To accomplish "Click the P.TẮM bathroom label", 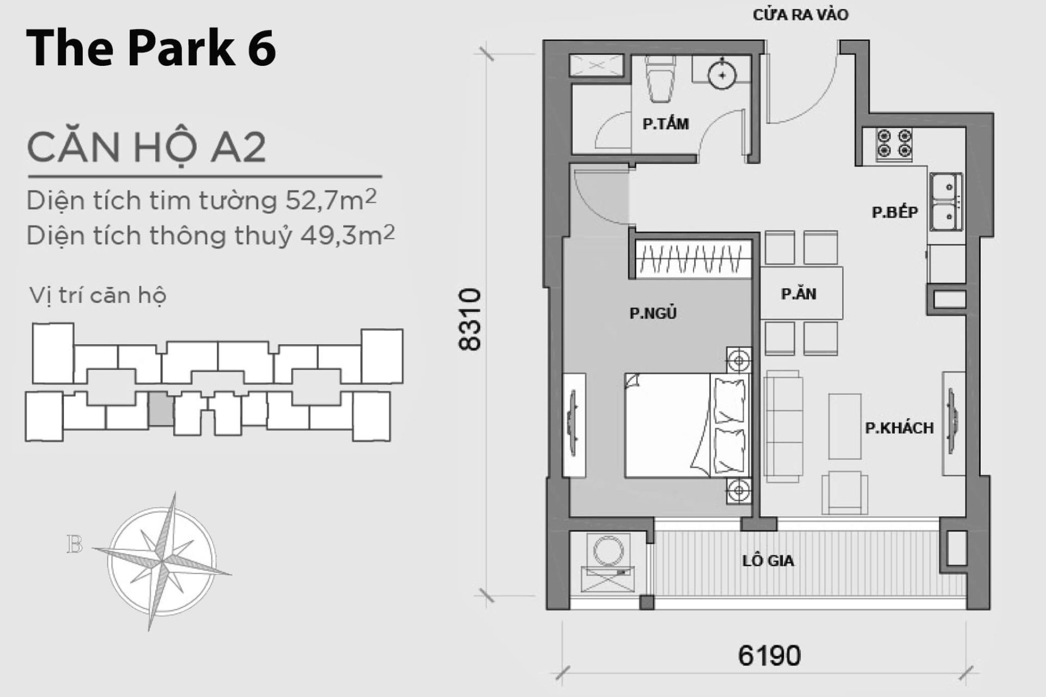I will tap(665, 124).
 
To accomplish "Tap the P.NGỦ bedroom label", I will tap(653, 314).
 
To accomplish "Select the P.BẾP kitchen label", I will tap(895, 212).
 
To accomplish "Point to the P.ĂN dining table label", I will tap(799, 295).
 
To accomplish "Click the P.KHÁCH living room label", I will tap(899, 428).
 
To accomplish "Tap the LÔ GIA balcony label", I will tap(768, 561).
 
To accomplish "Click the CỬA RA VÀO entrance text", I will tap(800, 15).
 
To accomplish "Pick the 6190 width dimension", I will tap(769, 656).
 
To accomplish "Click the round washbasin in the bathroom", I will tap(722, 76).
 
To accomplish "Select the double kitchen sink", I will tap(946, 202).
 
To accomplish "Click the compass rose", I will tap(162, 561).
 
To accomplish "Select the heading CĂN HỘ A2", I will tap(147, 147).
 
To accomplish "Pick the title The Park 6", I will tap(151, 48).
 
